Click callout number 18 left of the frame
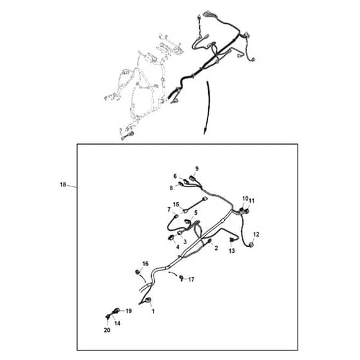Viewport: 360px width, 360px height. coord(63,184)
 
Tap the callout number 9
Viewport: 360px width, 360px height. coord(197,168)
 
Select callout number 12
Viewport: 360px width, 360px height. coord(256,235)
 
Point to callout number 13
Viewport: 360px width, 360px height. coord(232,251)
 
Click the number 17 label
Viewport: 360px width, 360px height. coord(192,280)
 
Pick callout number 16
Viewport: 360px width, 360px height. coord(145,264)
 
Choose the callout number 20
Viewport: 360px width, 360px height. coord(107,330)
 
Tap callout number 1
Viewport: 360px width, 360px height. coord(153,311)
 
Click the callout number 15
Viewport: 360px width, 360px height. coord(176,204)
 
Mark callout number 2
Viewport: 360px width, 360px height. coord(216,248)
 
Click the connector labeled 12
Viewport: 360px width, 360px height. coord(251,245)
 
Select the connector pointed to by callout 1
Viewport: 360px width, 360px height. coord(148,300)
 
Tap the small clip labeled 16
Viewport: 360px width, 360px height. coord(138,272)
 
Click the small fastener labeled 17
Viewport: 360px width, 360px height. coord(181,278)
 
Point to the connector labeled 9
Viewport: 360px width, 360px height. coord(192,177)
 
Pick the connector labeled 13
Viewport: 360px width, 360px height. coord(231,240)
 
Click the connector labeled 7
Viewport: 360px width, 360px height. coord(176,216)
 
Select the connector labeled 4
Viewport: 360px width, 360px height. coord(171,238)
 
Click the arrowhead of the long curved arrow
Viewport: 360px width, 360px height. coord(204,132)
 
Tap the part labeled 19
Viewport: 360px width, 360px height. coord(116,311)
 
